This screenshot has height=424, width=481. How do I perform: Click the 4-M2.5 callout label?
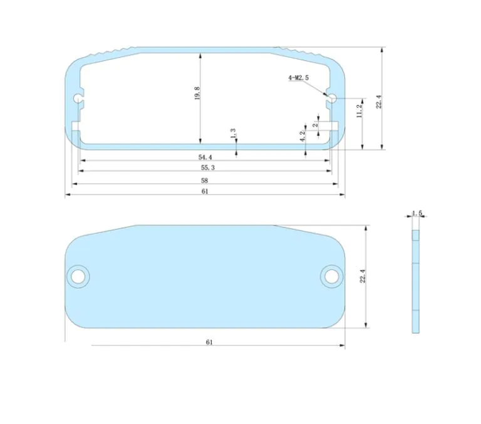coord(298,78)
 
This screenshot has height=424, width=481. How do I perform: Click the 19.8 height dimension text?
coord(197,93)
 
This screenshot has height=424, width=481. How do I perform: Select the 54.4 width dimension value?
coord(205,157)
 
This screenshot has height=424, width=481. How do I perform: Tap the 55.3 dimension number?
coord(208,168)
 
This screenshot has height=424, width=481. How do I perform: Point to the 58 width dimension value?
coord(204,181)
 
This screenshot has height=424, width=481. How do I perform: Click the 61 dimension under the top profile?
coord(205,192)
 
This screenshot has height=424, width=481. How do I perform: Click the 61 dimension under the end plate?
coord(209,342)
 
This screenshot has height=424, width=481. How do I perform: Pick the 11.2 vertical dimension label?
coord(360,111)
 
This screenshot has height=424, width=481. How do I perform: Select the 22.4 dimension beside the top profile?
coord(379,101)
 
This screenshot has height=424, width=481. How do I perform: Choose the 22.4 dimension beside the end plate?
coord(363,276)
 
